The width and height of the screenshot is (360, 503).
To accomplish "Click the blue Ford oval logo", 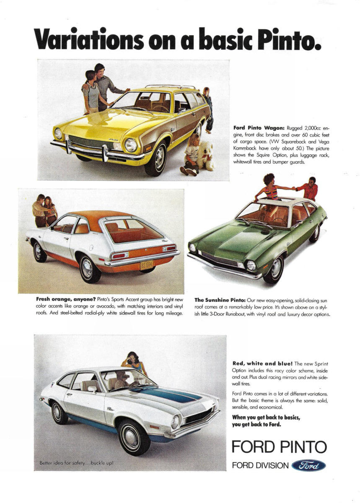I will (x=308, y=466).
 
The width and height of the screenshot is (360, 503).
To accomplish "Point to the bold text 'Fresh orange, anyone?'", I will (x=65, y=300).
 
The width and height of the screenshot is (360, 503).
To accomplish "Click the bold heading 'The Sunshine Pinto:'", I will (x=220, y=300).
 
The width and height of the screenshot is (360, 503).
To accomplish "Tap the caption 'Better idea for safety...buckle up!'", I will (x=76, y=463).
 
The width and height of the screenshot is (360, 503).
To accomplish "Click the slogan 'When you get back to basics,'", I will (x=266, y=417).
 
